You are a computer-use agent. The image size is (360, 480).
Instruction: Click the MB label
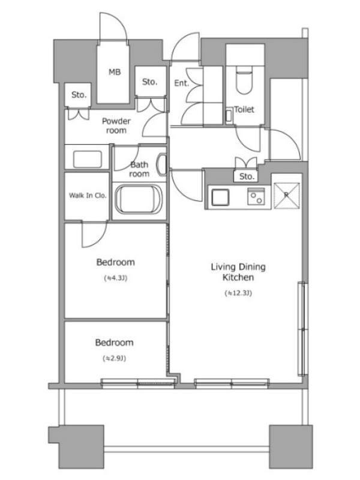(115, 72)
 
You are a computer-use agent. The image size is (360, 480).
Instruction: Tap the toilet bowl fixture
(244, 83)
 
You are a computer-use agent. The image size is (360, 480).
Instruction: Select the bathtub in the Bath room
(138, 200)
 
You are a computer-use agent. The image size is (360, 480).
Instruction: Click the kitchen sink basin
(220, 197)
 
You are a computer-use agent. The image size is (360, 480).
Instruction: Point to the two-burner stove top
(256, 196)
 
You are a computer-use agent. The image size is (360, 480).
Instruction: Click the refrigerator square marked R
(287, 196)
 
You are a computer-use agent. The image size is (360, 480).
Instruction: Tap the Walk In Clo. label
(88, 196)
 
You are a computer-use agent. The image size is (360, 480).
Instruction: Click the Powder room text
(116, 126)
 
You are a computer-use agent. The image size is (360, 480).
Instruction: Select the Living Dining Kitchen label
(238, 272)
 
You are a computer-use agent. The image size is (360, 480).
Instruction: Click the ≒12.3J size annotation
(238, 293)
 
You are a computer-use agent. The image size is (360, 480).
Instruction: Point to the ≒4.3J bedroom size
(115, 278)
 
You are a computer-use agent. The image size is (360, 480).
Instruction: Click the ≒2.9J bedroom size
(114, 358)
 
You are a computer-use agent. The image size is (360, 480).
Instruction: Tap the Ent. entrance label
(182, 83)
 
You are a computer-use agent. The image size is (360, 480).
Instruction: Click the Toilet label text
(244, 109)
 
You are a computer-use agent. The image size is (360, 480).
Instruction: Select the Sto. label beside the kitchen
(247, 176)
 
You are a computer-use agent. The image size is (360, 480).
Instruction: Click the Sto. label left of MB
(79, 95)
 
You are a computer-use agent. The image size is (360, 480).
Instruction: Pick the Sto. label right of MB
(149, 82)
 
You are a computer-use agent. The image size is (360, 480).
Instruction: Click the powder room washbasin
(88, 159)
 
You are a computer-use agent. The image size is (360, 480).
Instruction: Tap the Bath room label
(139, 169)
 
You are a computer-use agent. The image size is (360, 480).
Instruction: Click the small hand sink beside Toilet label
(229, 115)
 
